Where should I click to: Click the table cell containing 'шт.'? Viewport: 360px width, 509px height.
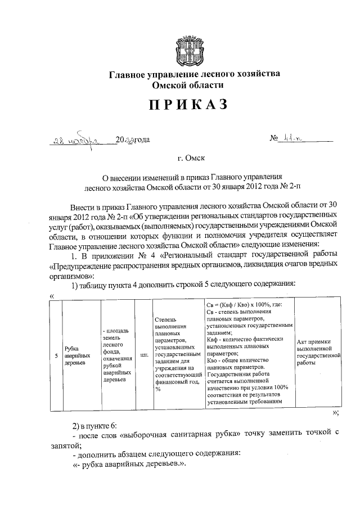143,355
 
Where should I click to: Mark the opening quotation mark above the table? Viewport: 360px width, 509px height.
52,296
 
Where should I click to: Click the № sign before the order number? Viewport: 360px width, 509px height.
275,139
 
